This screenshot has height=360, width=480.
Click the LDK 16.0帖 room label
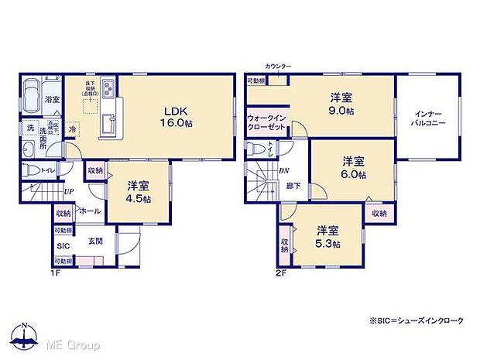[x=170, y=115]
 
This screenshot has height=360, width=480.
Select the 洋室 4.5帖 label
[x=139, y=192]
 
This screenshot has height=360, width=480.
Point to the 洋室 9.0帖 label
[x=341, y=104]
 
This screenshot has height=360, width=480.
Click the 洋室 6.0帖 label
[x=355, y=168]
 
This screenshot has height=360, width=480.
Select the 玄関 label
[x=96, y=241]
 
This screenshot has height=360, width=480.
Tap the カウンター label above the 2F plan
[x=277, y=67]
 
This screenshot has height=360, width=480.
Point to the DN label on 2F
[x=284, y=170]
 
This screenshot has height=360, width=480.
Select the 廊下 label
[x=293, y=186]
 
